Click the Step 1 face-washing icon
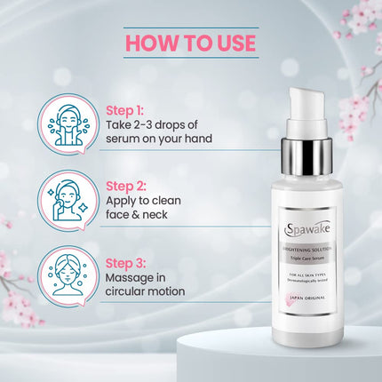pyautogui.click(x=68, y=124)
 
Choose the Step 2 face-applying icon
pyautogui.click(x=68, y=200)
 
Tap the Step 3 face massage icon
pyautogui.click(x=68, y=275)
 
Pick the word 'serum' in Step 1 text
pyautogui.click(x=126, y=143)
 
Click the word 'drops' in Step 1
pyautogui.click(x=177, y=128)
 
